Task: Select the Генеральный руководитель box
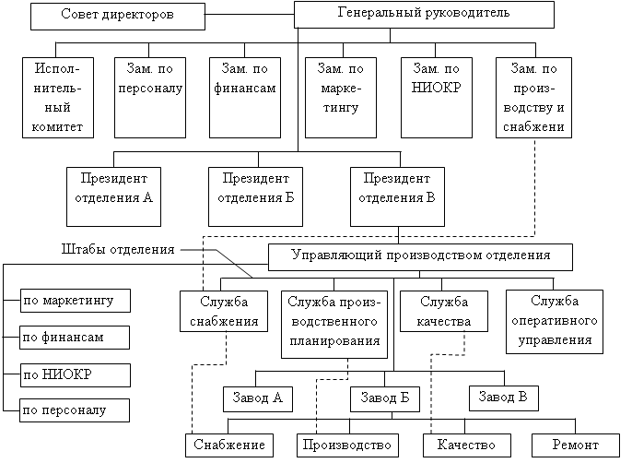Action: [x=424, y=14]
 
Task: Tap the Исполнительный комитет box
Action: [x=59, y=98]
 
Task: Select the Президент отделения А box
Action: [x=114, y=195]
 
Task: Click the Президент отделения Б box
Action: [x=254, y=195]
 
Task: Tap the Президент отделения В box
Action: [x=397, y=195]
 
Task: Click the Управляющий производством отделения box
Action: [x=420, y=256]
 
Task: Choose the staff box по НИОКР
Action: [x=75, y=374]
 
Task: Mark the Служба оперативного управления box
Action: [x=555, y=321]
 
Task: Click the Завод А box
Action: [x=258, y=398]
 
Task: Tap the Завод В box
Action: [x=503, y=398]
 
